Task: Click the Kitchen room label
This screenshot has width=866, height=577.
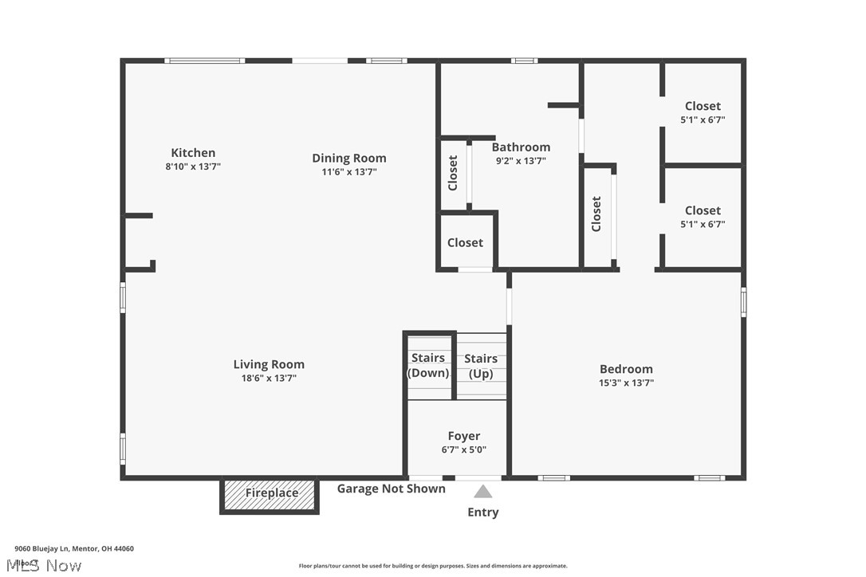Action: point(193,153)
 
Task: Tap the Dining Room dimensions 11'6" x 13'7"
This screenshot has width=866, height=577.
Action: point(348,172)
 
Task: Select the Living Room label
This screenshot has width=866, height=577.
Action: point(269,365)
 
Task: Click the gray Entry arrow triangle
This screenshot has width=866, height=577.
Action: point(483,492)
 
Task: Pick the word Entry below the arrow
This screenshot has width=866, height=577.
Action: point(483,512)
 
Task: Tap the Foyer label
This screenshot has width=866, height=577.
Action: point(463,436)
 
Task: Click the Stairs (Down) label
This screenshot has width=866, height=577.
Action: point(428,366)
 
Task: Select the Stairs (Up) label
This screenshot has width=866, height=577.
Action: point(481,366)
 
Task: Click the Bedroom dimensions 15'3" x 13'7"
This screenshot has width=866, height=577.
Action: point(626,383)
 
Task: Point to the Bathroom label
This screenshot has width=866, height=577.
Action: point(521,147)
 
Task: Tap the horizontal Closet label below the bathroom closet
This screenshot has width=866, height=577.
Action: point(465,242)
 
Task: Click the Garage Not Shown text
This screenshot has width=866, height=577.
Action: point(391,489)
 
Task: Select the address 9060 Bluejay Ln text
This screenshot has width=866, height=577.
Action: point(74,548)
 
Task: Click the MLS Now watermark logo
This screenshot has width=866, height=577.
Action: point(48,565)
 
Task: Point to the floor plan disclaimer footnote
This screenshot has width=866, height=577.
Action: point(433,566)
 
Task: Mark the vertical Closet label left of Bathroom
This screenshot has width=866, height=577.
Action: point(453,173)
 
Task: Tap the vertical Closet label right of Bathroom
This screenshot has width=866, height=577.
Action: point(596,214)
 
